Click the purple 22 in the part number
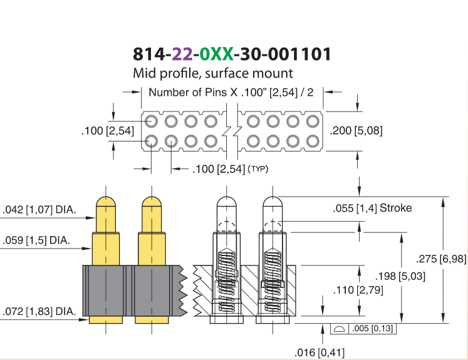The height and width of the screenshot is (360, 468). (182, 54)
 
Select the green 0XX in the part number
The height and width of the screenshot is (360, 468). (216, 54)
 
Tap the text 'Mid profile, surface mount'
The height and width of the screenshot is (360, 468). (213, 73)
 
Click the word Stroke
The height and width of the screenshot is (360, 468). (395, 208)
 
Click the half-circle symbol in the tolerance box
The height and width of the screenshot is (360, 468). (339, 329)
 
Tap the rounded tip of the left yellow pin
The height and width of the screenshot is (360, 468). (106, 201)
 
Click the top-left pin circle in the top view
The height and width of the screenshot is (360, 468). (152, 121)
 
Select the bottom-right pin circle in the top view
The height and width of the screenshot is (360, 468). (313, 141)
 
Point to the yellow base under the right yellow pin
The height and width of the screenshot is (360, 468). (152, 320)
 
